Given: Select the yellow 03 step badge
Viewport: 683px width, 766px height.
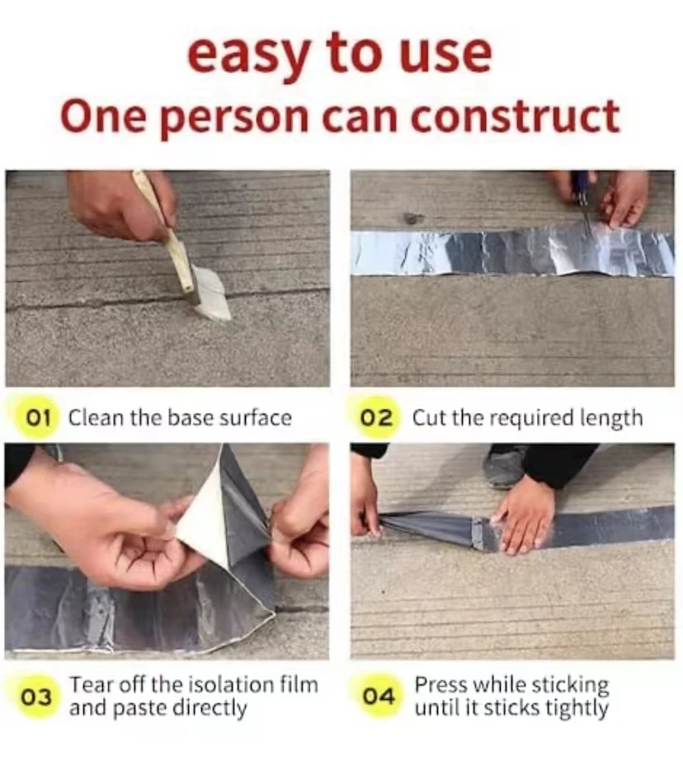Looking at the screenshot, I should click(35, 698).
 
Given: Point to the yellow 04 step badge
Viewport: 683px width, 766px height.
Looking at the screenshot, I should click(379, 698).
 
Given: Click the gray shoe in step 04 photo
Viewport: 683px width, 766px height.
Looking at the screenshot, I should click(503, 467).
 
